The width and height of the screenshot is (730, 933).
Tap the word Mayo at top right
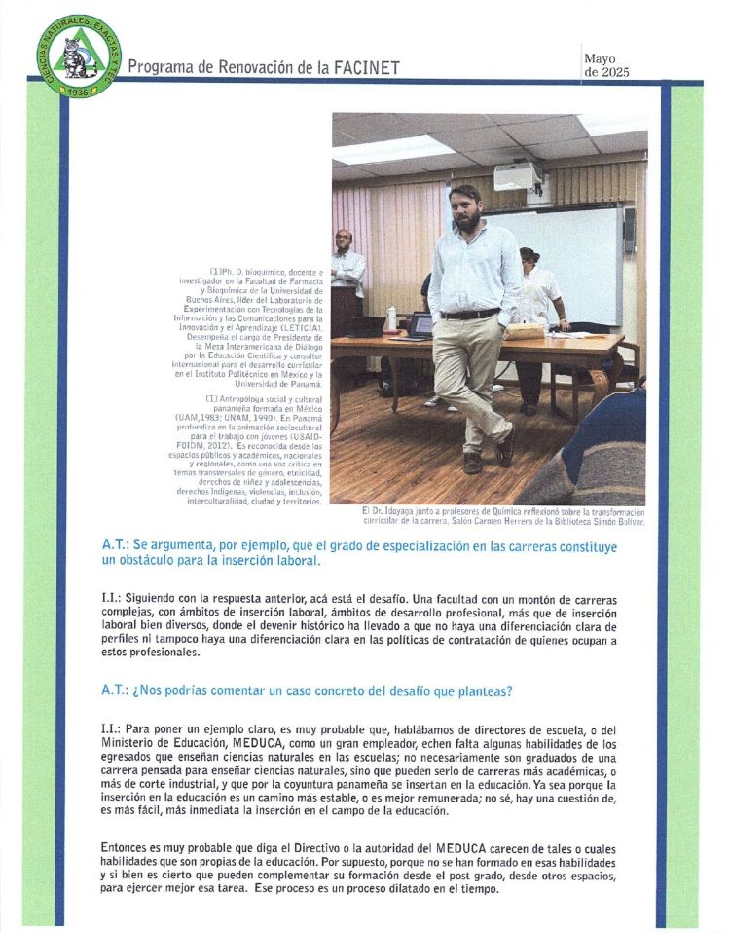tap(602, 58)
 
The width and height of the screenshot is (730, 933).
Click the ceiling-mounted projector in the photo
tap(518, 177)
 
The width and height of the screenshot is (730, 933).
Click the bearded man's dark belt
tap(469, 314)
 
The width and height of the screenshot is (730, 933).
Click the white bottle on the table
tap(391, 319)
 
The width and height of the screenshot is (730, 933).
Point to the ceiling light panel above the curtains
tap(394, 150)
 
